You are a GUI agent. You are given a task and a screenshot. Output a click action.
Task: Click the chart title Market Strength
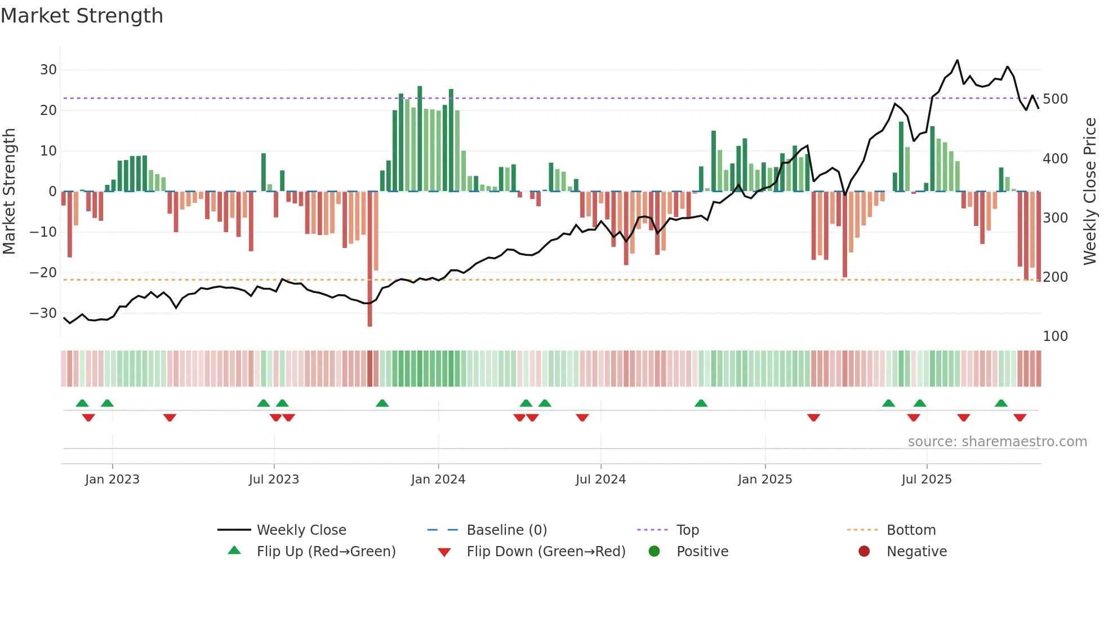(x=82, y=16)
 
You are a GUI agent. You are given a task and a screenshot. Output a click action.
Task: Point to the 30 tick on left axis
(x=48, y=70)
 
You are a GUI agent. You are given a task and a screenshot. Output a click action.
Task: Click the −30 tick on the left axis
(x=44, y=313)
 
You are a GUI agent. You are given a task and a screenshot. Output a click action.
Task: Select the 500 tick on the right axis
(x=1055, y=99)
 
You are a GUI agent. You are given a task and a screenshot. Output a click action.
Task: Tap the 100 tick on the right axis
(x=1055, y=336)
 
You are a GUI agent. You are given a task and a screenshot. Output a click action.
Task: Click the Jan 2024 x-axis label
(x=438, y=480)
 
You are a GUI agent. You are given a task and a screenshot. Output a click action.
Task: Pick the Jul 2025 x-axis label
(x=926, y=480)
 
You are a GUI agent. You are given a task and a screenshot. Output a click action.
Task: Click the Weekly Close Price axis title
(x=1090, y=192)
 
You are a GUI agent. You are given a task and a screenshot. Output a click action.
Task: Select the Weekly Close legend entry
(x=301, y=530)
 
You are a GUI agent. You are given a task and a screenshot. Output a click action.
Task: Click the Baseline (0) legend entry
(x=506, y=530)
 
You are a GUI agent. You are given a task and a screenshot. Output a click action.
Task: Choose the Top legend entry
(x=687, y=530)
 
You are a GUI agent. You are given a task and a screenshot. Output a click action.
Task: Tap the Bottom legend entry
(x=911, y=530)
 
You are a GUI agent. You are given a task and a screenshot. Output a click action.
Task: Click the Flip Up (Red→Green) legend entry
(x=326, y=552)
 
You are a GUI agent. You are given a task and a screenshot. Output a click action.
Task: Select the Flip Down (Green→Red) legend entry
(x=545, y=552)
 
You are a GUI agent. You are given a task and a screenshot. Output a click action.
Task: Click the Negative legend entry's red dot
(x=863, y=551)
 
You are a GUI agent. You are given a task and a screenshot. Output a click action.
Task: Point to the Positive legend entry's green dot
(x=654, y=551)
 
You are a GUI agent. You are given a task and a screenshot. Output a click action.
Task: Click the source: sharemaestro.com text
(x=997, y=442)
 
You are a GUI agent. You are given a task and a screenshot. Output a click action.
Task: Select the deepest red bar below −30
(x=370, y=316)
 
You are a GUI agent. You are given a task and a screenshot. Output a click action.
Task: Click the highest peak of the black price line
(x=957, y=60)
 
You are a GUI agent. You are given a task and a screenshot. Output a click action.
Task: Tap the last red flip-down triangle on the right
(x=1020, y=418)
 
